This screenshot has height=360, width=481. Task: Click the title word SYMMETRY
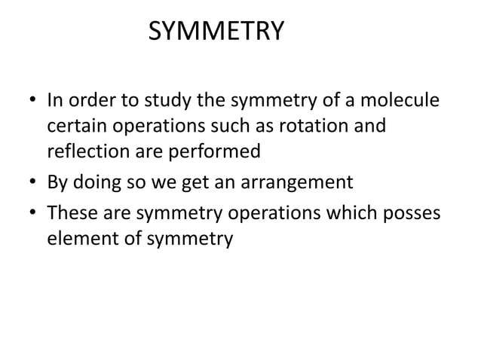[216, 32]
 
